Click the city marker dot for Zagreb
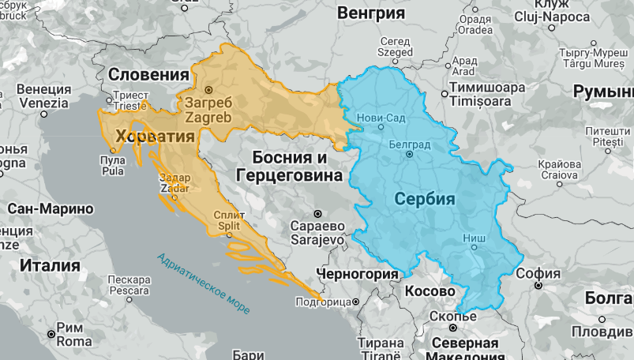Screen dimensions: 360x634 pyautogui.click(x=208, y=89)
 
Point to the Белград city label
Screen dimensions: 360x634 pyautogui.click(x=409, y=144)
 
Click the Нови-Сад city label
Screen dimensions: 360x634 pyautogui.click(x=381, y=118)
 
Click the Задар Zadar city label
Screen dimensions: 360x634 pyautogui.click(x=174, y=184)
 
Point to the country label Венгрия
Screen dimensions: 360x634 pyautogui.click(x=370, y=13)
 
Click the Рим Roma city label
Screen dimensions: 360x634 pyautogui.click(x=75, y=336)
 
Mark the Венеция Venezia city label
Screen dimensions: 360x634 pyautogui.click(x=43, y=96)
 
